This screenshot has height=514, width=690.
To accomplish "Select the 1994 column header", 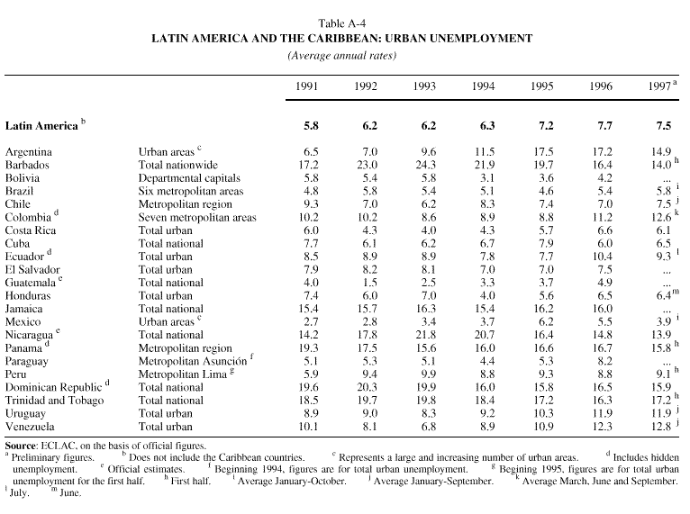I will tap(485, 86).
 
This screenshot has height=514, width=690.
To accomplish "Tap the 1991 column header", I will tap(308, 86).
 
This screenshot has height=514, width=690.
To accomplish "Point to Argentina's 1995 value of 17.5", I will tap(540, 152).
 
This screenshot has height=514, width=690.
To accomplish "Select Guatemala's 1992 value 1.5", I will tap(367, 282).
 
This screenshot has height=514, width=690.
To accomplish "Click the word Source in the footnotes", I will tap(21, 445).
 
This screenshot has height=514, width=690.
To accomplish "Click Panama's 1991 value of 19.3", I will tap(308, 347).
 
